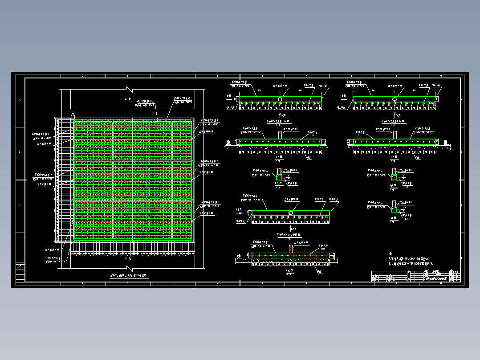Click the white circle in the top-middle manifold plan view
(280, 99)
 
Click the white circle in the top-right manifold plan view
(395, 99)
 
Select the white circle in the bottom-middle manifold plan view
(291, 213)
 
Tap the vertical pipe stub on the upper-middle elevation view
(280, 135)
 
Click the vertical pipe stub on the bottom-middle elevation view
(291, 248)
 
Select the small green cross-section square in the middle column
(279, 177)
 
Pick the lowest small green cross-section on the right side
(394, 209)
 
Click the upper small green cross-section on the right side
(394, 177)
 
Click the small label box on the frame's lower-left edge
(20, 266)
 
